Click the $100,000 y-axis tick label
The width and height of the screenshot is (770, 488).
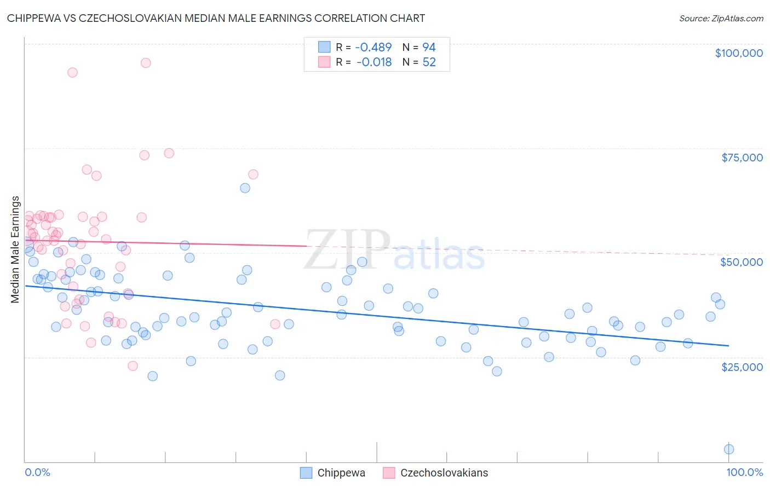pyautogui.click(x=738, y=53)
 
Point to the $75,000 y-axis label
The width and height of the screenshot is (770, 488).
pyautogui.click(x=742, y=158)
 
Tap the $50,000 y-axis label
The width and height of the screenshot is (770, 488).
pyautogui.click(x=742, y=262)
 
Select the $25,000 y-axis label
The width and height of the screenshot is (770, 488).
pyautogui.click(x=742, y=367)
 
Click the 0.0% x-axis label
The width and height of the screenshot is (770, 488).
pyautogui.click(x=37, y=472)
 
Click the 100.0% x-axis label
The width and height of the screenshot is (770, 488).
pyautogui.click(x=744, y=472)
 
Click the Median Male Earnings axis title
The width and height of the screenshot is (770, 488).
pyautogui.click(x=15, y=249)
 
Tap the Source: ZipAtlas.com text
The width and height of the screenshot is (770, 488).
pyautogui.click(x=721, y=19)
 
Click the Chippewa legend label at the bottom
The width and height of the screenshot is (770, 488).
pyautogui.click(x=341, y=473)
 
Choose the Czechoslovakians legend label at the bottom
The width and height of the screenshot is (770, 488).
pyautogui.click(x=444, y=473)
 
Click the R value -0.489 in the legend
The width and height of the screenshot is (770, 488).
pyautogui.click(x=374, y=48)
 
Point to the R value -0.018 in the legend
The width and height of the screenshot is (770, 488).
pyautogui.click(x=374, y=62)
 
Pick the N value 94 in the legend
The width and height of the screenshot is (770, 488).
pyautogui.click(x=429, y=48)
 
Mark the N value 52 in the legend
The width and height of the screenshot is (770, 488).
pyautogui.click(x=429, y=62)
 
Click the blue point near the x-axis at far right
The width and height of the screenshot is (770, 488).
pyautogui.click(x=729, y=449)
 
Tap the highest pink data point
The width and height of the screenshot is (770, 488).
pyautogui.click(x=146, y=63)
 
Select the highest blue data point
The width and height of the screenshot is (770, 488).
pyautogui.click(x=245, y=188)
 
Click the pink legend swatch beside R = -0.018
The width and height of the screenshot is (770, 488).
pyautogui.click(x=324, y=62)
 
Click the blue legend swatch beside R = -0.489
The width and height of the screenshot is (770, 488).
pyautogui.click(x=324, y=47)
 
